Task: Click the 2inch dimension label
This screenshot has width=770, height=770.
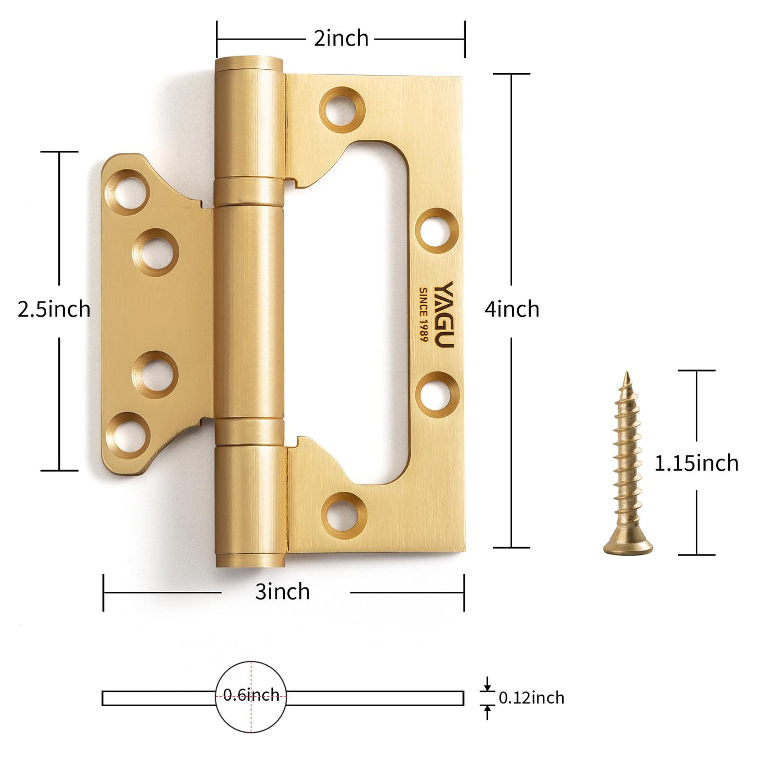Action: tap(341, 38)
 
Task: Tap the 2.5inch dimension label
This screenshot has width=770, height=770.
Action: tap(54, 309)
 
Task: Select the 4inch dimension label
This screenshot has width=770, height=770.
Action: tap(512, 309)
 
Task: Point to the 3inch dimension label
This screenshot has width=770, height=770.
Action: tap(283, 592)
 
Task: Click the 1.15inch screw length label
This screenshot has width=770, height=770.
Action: tap(696, 463)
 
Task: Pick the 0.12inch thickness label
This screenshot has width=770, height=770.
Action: tap(531, 698)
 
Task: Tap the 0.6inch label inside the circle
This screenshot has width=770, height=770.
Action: tap(251, 695)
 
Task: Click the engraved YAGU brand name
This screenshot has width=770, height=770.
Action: tap(443, 315)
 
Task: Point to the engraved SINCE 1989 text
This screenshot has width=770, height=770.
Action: tap(423, 315)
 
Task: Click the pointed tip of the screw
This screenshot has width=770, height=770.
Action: tap(626, 373)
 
